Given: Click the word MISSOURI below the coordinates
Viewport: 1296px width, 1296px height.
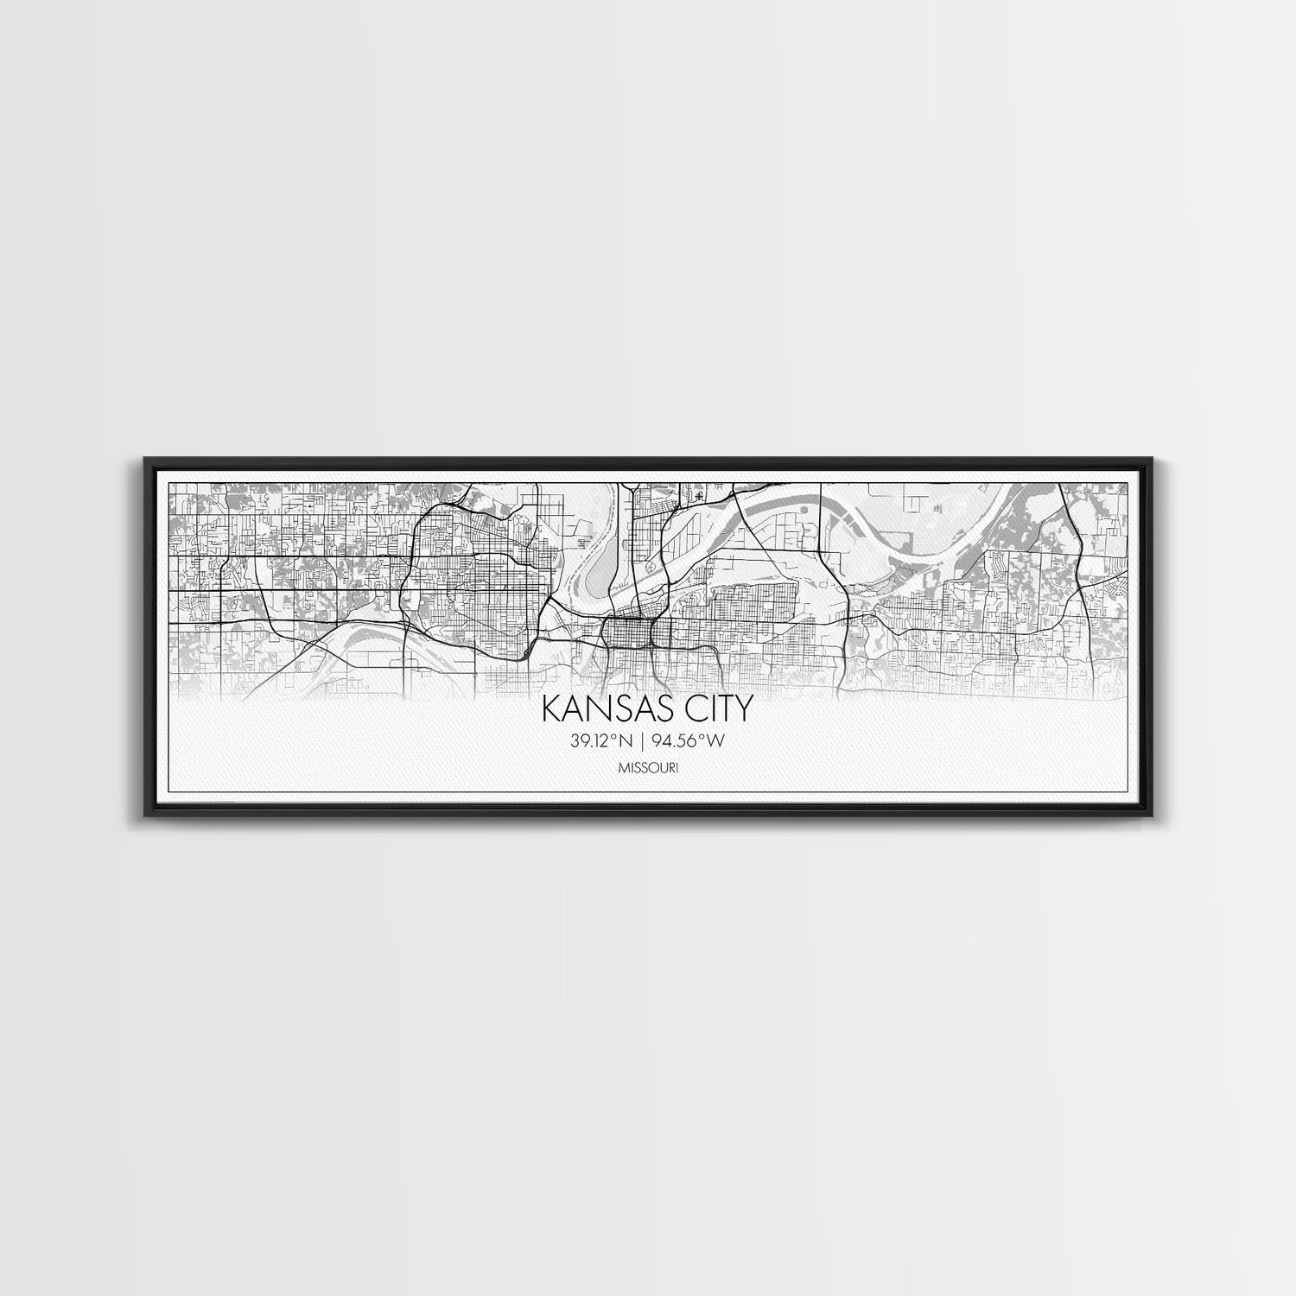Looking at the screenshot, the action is click(x=648, y=767).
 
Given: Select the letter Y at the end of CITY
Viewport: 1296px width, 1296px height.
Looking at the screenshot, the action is click(x=743, y=709).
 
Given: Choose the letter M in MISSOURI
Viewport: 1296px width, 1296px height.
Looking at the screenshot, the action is click(x=622, y=767).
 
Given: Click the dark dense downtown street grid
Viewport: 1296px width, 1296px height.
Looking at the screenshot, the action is click(x=631, y=634).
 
